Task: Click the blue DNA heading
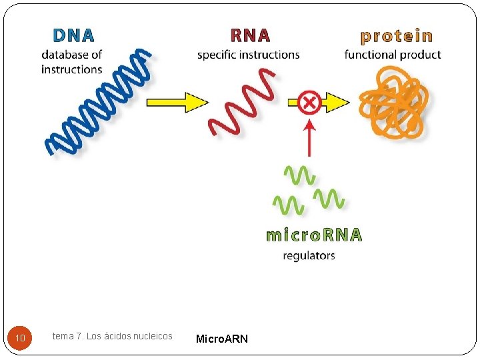(x=73, y=35)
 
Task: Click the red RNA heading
(x=250, y=35)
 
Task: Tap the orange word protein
(x=397, y=35)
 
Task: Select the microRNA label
(x=314, y=235)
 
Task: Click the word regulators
(x=309, y=255)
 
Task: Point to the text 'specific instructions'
(x=248, y=55)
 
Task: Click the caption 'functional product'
(x=393, y=55)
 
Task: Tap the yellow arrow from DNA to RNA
(x=176, y=102)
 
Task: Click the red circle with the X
(x=309, y=102)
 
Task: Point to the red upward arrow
(x=309, y=137)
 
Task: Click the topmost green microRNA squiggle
(x=300, y=175)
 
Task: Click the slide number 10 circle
(x=21, y=339)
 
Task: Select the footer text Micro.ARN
(x=221, y=339)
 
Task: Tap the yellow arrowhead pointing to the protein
(x=337, y=102)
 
